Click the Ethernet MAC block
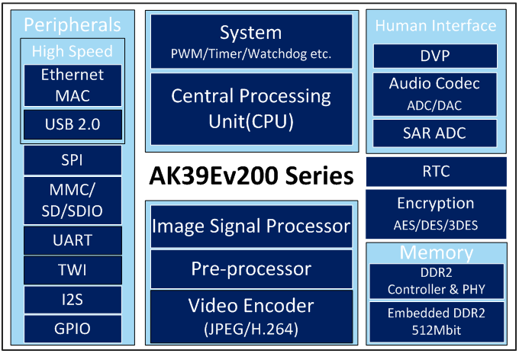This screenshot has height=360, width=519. click(x=73, y=85)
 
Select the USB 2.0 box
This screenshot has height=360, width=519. click(x=73, y=124)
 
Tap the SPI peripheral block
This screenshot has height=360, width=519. click(x=73, y=160)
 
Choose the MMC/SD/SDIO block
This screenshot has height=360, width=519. click(x=73, y=201)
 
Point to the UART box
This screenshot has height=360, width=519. click(x=73, y=240)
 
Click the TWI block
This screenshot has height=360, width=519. click(x=73, y=270)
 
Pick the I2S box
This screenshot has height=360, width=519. click(x=73, y=300)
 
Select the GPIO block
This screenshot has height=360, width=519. click(x=73, y=329)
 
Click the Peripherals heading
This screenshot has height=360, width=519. click(x=73, y=25)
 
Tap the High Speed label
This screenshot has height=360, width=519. click(x=73, y=51)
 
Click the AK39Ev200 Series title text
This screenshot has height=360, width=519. click(x=252, y=175)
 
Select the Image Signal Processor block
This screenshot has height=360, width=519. click(x=252, y=227)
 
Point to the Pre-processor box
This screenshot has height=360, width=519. click(x=252, y=269)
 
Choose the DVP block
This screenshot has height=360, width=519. click(x=435, y=56)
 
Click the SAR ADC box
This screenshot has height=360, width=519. click(x=435, y=133)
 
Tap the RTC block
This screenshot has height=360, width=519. click(x=437, y=172)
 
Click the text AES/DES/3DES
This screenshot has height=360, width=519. click(x=436, y=225)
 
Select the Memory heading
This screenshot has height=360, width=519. click(x=437, y=252)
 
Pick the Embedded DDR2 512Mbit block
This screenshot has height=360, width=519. click(x=437, y=322)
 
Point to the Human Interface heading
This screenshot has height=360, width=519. click(x=436, y=26)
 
